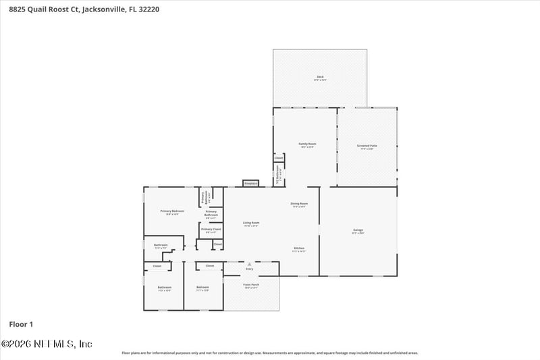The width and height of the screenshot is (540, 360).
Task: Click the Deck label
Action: point(320,77)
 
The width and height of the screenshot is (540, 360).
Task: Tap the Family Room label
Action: point(308,144)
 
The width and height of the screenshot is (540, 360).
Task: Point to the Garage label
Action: point(358,230)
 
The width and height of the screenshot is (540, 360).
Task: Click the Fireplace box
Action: point(250,183)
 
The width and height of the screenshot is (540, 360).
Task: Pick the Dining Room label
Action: point(299,203)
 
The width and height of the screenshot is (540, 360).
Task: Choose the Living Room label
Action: point(251,223)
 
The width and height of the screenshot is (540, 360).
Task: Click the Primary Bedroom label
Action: point(172,211)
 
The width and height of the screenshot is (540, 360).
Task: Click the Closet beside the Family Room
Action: point(278,157)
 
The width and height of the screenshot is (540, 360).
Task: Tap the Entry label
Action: point(249,269)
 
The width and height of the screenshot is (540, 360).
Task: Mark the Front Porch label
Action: point(251,285)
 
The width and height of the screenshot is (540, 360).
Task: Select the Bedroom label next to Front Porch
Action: point(202,288)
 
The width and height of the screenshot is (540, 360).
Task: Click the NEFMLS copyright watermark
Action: point(47,344)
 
